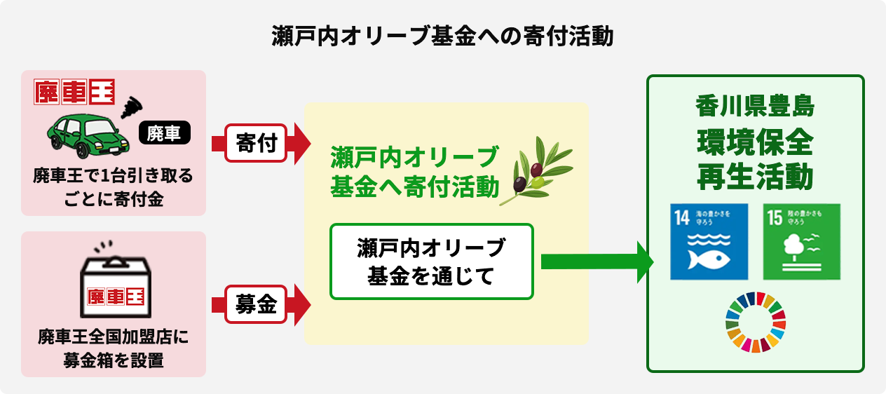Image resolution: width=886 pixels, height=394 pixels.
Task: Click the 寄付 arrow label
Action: pyautogui.click(x=256, y=143)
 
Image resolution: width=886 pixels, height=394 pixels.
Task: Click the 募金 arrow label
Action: pyautogui.click(x=256, y=304)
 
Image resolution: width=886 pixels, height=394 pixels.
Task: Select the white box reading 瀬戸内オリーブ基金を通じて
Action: pyautogui.click(x=431, y=261)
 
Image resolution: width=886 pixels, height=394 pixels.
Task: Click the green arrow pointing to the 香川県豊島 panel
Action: pyautogui.click(x=596, y=261)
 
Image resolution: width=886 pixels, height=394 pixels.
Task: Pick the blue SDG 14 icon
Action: pyautogui.click(x=709, y=242)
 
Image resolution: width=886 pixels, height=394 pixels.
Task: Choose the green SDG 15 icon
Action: pyautogui.click(x=801, y=242)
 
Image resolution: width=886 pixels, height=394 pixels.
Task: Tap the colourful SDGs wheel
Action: pyautogui.click(x=756, y=322)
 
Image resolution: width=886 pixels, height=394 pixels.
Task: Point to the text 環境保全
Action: pyautogui.click(x=755, y=144)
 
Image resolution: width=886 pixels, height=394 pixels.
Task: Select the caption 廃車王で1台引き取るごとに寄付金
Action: pyautogui.click(x=114, y=186)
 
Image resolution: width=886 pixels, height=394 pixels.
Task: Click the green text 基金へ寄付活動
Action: pyautogui.click(x=414, y=186)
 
